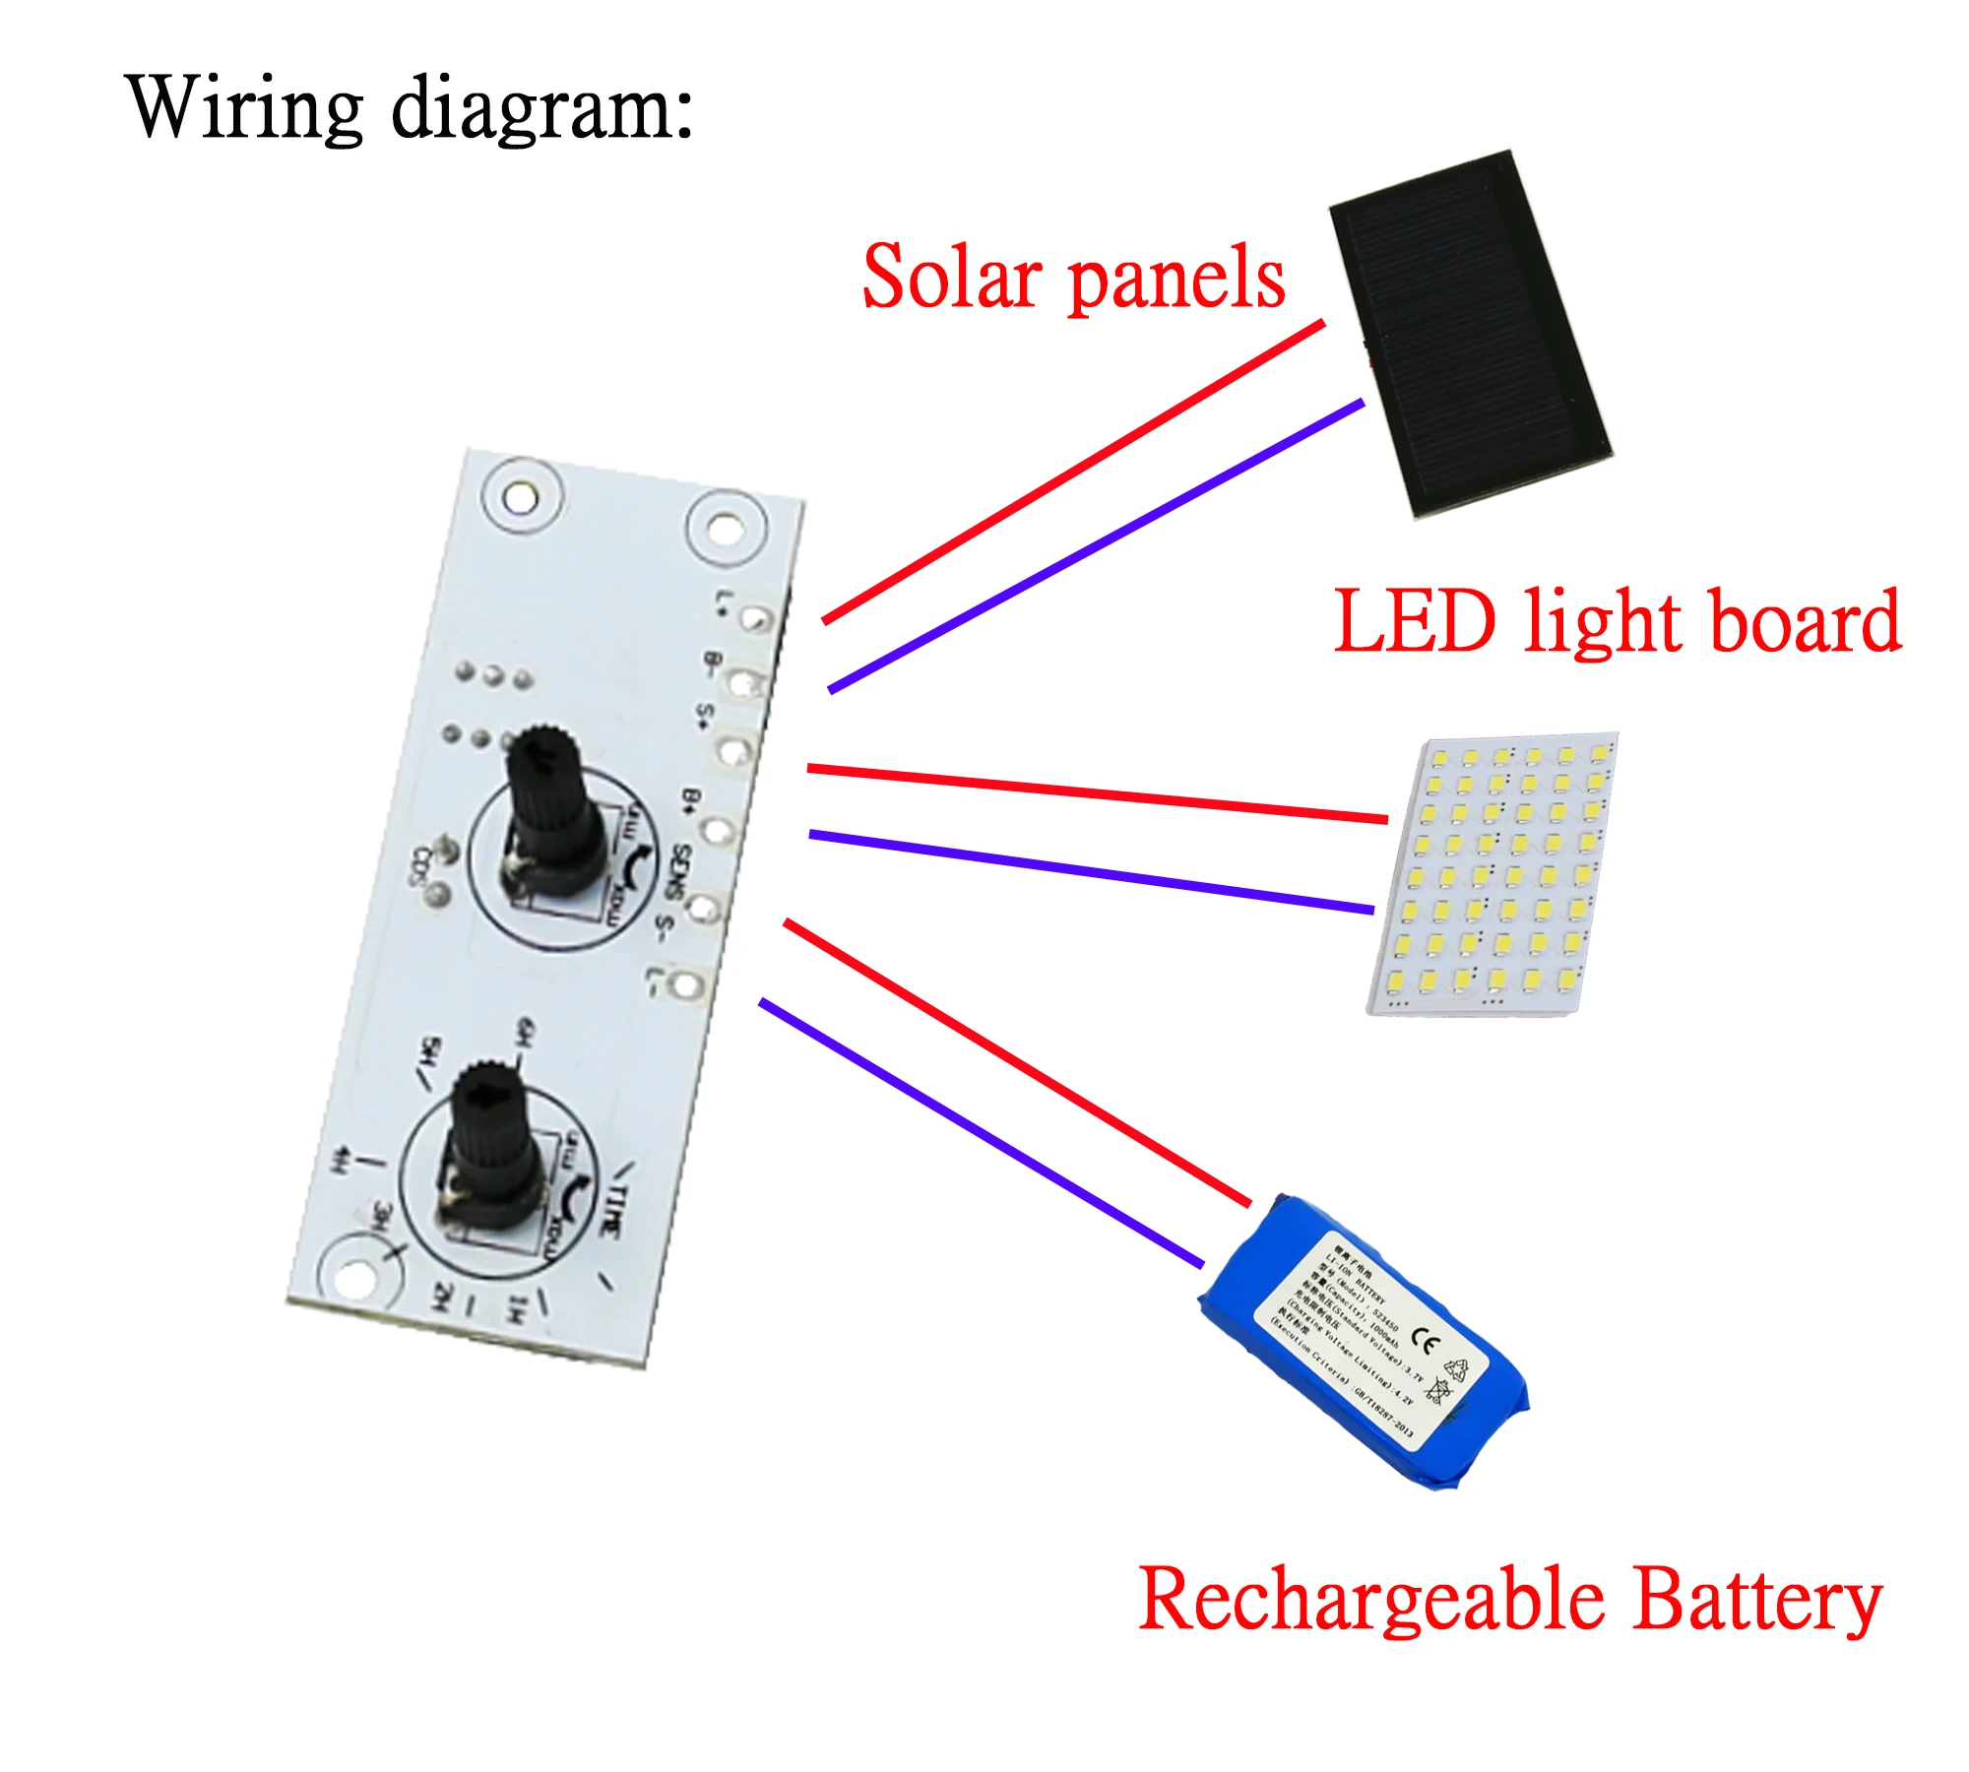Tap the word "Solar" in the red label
click(951, 278)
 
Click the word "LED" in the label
click(1415, 622)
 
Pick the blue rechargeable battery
click(1364, 1344)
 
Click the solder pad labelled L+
click(756, 618)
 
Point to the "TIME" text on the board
click(612, 1211)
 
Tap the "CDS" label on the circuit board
click(421, 865)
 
